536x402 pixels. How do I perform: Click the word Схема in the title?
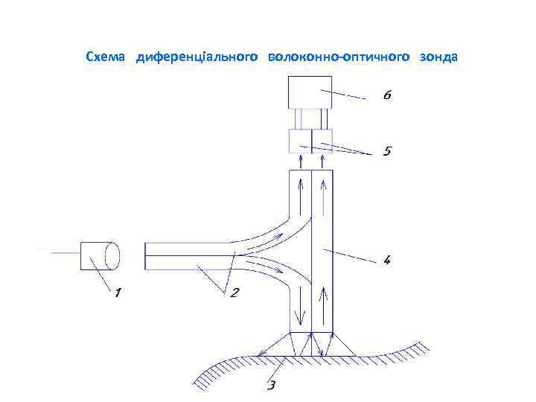pos(106,57)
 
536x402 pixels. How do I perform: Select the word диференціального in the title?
pos(197,57)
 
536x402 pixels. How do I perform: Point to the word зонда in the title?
pos(438,57)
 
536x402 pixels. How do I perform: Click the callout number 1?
pos(117,293)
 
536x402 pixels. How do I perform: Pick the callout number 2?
pos(234,293)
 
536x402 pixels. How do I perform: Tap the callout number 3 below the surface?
pos(272,384)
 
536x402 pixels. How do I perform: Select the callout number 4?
pos(388,261)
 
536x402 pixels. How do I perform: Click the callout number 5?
pos(387,151)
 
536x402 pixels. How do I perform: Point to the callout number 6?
pos(387,96)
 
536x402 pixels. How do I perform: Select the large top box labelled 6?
pos(310,92)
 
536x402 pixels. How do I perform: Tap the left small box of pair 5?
pos(300,141)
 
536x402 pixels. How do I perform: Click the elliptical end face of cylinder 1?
pos(113,255)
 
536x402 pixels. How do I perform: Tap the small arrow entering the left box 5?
pos(301,162)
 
